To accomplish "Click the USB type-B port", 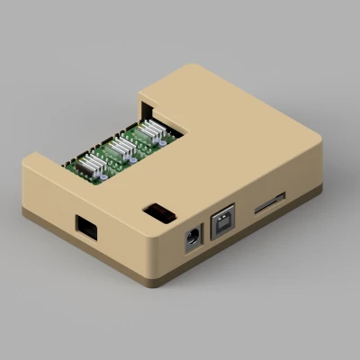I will (222, 225).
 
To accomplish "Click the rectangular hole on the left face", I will (87, 228).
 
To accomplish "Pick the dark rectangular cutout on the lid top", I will (158, 212).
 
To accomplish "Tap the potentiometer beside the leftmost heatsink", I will (107, 172).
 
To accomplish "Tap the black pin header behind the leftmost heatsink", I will (76, 165).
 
